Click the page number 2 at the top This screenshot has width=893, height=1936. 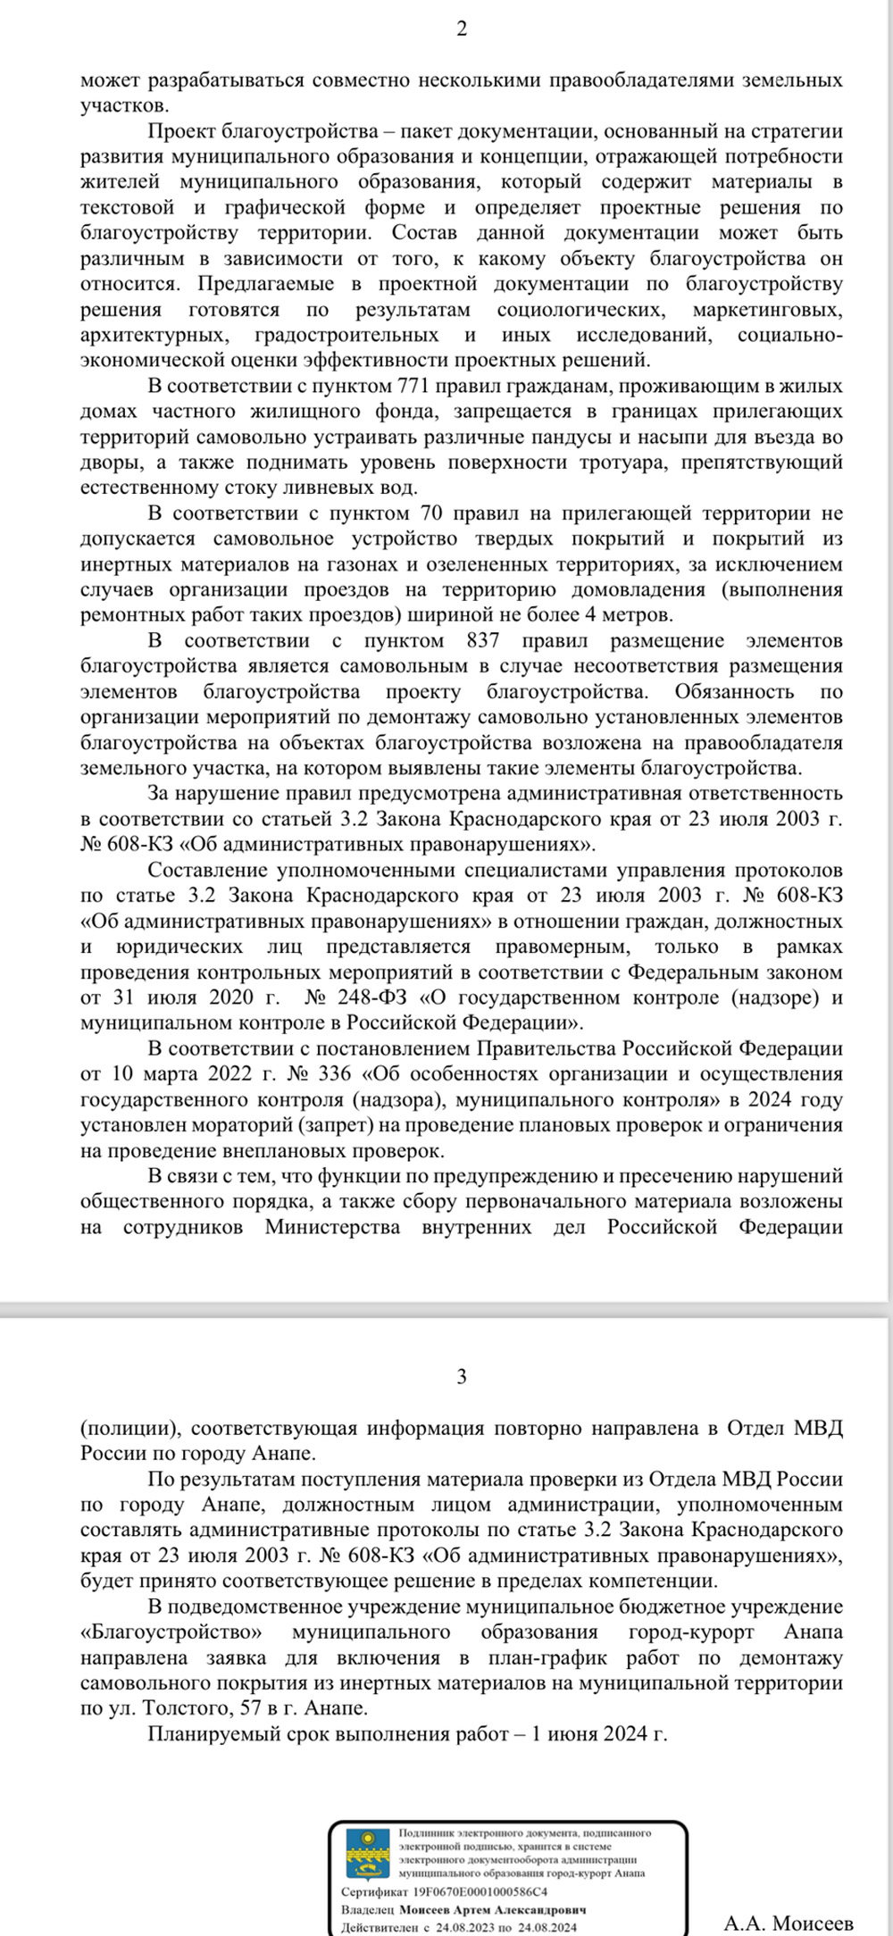(462, 29)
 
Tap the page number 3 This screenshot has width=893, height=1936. (462, 1376)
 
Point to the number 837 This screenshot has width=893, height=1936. (483, 640)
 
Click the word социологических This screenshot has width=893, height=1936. (580, 310)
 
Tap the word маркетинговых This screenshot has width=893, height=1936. (767, 310)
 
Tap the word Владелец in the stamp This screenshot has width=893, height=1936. (367, 1909)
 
